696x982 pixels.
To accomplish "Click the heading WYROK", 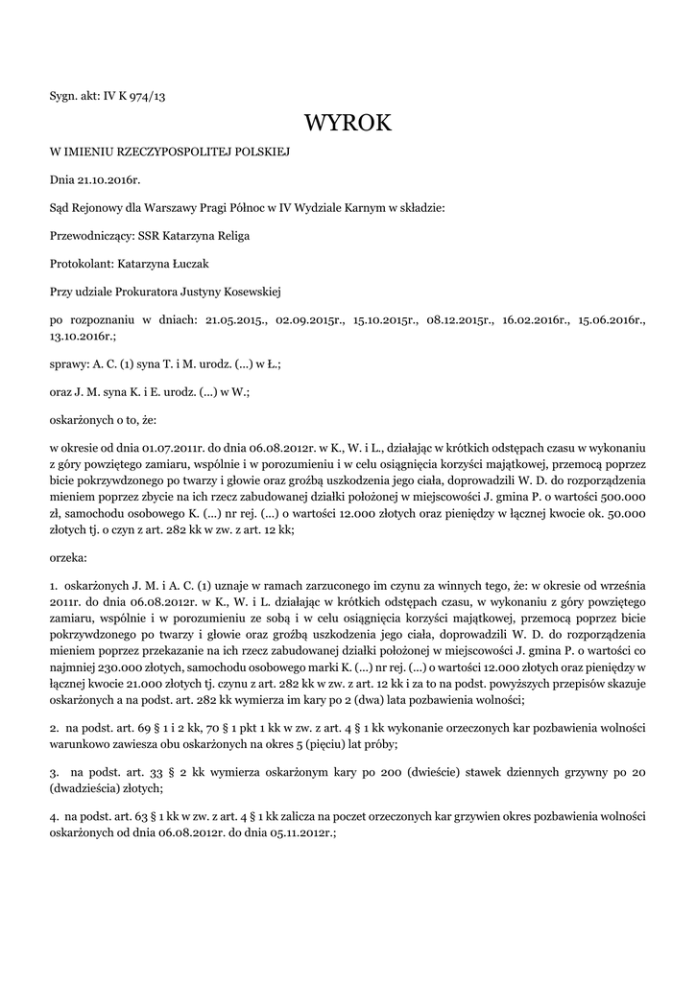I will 348,124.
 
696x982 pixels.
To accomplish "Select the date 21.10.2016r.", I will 108,179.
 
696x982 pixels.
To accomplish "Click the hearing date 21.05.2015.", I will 235,318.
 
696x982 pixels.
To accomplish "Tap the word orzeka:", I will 68,556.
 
